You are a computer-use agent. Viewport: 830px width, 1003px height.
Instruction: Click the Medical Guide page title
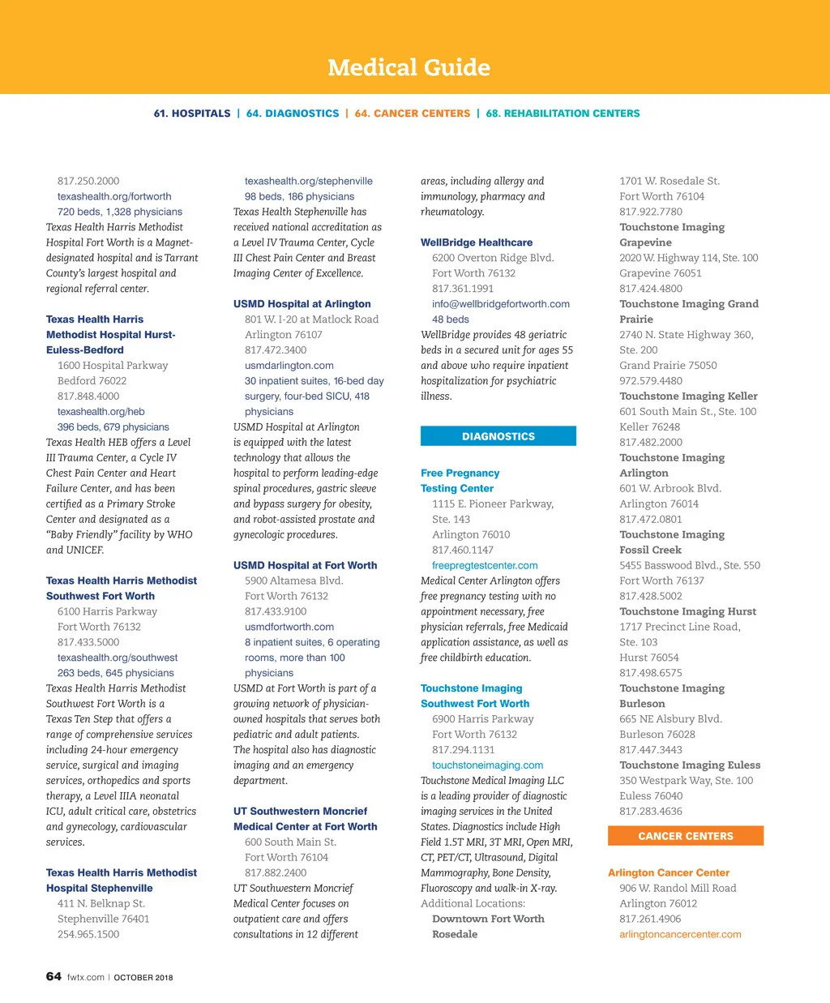coord(409,67)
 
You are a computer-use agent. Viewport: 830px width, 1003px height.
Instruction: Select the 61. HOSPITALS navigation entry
coord(192,114)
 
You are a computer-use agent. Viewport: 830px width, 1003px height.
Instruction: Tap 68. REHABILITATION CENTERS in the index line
coord(563,114)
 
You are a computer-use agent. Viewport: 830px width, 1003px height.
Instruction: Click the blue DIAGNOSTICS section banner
coord(498,436)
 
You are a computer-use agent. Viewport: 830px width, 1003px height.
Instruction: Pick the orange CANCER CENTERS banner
coord(685,836)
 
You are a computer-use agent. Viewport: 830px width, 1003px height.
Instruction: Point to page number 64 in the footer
coord(53,976)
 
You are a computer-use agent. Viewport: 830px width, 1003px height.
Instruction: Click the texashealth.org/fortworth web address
coord(114,196)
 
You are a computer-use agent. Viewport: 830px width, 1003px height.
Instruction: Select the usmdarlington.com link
coord(289,366)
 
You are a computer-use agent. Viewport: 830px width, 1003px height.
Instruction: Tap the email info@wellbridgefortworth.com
coord(500,304)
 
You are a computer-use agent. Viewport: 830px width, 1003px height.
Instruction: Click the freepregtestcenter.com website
coord(485,565)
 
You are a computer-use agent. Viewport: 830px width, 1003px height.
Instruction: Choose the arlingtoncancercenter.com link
coord(680,934)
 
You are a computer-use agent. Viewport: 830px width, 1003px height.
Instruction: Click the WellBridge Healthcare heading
coord(477,242)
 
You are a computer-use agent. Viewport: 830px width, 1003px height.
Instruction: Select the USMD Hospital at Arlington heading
coord(302,304)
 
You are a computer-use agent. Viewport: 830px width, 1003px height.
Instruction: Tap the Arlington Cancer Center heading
coord(669,872)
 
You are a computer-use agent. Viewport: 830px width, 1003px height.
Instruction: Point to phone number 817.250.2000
coord(88,181)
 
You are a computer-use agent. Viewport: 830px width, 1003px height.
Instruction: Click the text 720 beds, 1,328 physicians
coord(120,212)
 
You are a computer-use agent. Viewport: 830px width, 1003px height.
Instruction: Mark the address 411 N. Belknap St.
coord(101,903)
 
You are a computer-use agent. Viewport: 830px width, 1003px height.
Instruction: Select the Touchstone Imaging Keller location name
coord(688,396)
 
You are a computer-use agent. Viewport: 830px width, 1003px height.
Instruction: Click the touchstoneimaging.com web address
coord(487,765)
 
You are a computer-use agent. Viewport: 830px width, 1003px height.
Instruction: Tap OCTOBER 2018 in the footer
coord(143,977)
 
